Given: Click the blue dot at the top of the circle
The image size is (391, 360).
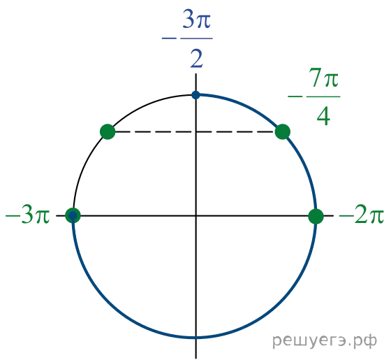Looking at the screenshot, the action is (195, 95).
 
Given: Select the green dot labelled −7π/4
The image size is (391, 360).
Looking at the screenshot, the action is (283, 131).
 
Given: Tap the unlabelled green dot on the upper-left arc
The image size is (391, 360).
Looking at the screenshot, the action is (108, 131).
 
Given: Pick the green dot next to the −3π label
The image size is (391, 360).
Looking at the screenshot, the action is (73, 215).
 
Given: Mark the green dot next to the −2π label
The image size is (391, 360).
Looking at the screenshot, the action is (316, 216).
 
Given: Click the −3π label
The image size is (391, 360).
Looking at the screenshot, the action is (27, 215).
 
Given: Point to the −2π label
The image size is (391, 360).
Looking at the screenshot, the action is (361, 215).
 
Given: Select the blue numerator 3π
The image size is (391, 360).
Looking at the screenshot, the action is (196, 20).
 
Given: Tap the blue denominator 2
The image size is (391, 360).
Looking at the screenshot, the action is (196, 59).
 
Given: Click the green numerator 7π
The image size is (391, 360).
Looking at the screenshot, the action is (324, 78).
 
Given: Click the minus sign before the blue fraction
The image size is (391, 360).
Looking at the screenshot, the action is (169, 38).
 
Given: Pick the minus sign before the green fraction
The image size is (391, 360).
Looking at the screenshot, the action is (295, 96).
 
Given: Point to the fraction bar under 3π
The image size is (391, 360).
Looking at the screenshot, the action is (196, 38).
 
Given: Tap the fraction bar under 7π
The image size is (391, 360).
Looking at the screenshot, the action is (323, 96).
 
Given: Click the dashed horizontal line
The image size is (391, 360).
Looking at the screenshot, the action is (195, 131).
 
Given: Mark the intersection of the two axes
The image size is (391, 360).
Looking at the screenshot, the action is (195, 215).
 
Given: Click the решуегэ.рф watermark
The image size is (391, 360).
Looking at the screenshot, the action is (325, 341).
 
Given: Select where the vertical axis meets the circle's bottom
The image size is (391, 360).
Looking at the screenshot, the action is (195, 338).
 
